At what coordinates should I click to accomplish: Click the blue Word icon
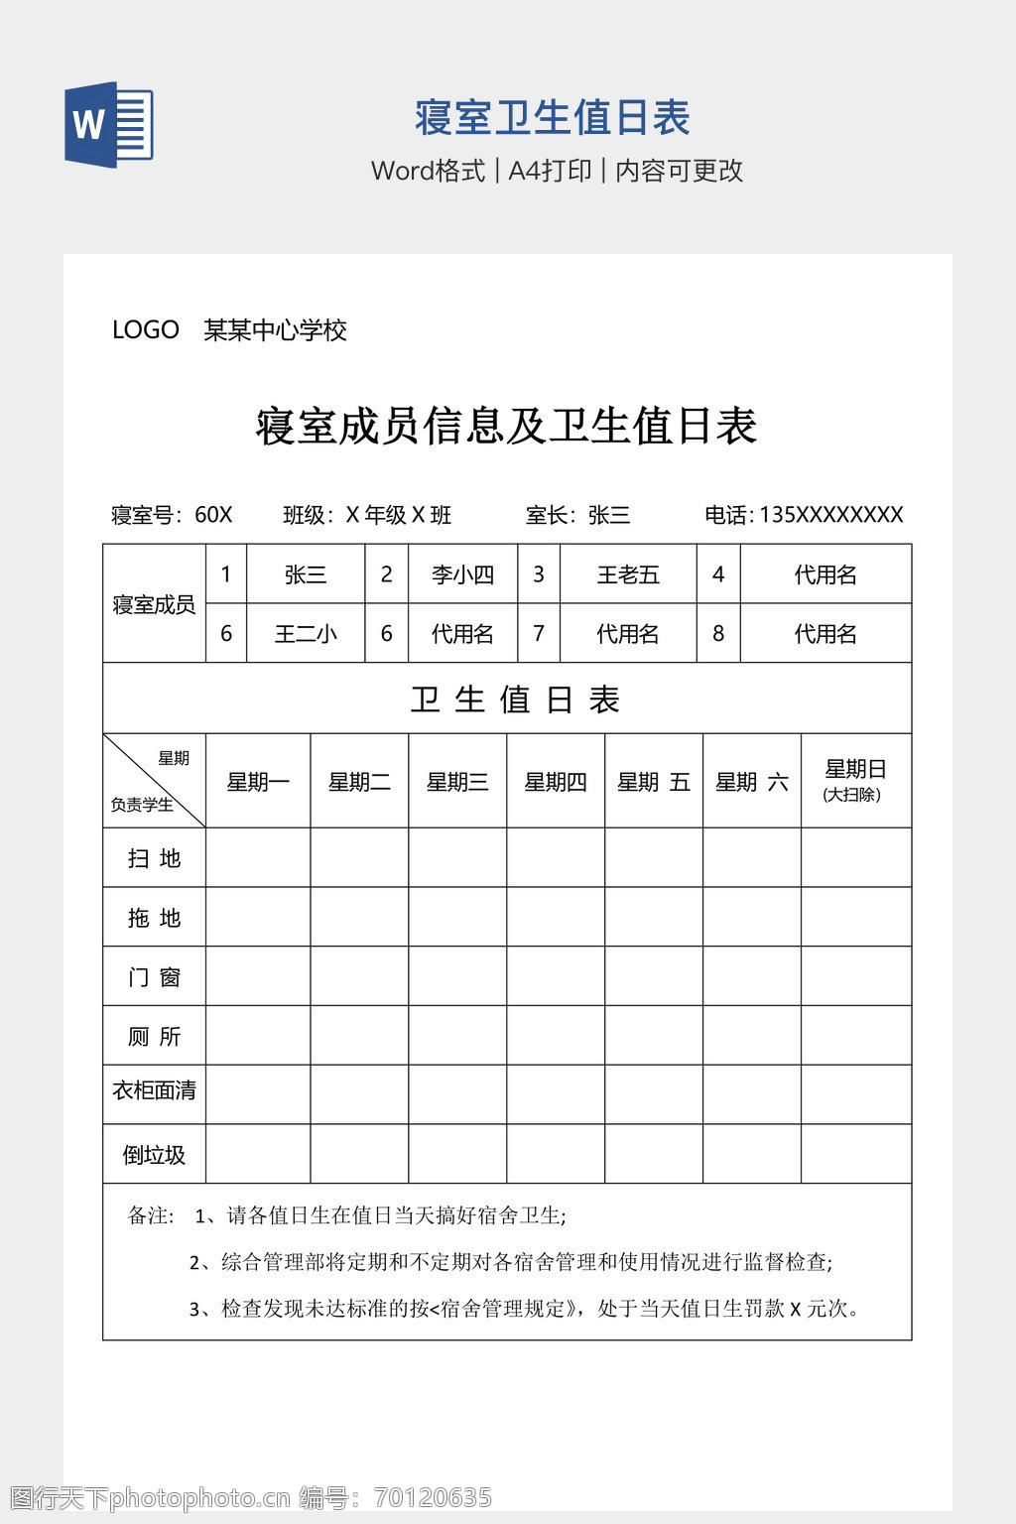tap(109, 125)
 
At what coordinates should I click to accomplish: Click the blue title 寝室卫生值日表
tap(552, 118)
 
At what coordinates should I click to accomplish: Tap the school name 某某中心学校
tap(275, 330)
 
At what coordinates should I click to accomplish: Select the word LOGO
tap(145, 330)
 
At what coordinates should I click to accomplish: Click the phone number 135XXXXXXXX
tap(830, 515)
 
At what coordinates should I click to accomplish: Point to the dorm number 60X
tap(213, 515)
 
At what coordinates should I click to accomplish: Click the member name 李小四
tap(462, 574)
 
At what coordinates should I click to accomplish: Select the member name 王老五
tap(628, 574)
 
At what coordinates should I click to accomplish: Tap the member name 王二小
tap(306, 634)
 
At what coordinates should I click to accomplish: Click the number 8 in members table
tap(718, 634)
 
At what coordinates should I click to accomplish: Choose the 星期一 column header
tap(258, 782)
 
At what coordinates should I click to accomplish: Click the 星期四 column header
tap(556, 782)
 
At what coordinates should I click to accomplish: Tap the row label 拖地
tap(154, 918)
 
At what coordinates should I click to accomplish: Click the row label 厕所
tap(154, 1037)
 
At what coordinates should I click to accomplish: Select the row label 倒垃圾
tap(154, 1155)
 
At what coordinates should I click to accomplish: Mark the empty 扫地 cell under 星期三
tap(457, 858)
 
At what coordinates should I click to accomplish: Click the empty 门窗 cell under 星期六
tap(751, 976)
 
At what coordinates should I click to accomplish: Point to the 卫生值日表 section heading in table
tap(515, 699)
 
